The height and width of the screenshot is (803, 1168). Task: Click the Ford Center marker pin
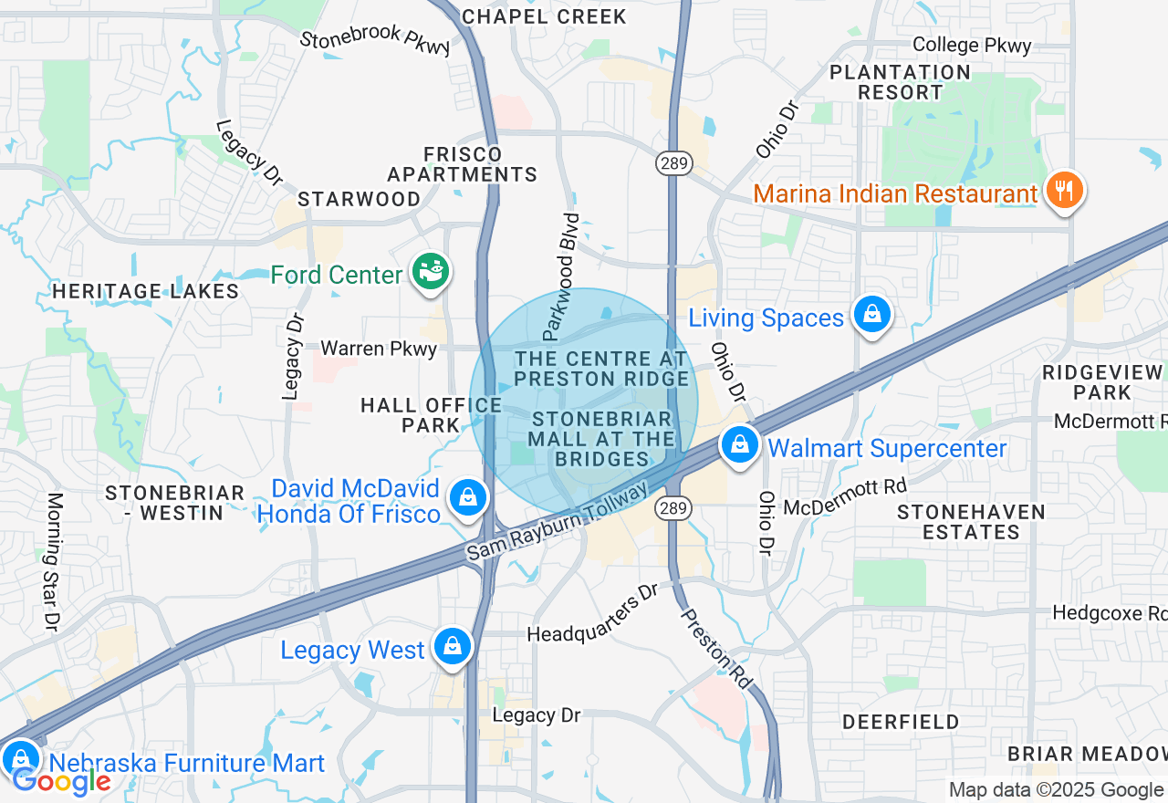pyautogui.click(x=429, y=272)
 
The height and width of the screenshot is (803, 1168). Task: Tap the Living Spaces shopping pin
pyautogui.click(x=872, y=315)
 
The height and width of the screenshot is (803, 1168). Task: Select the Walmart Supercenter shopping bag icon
pyautogui.click(x=740, y=445)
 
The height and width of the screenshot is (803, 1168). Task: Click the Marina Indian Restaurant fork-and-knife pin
pyautogui.click(x=1063, y=191)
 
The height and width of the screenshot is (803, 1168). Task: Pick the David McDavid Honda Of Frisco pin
pyautogui.click(x=467, y=498)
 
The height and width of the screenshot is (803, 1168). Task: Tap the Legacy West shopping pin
pyautogui.click(x=452, y=646)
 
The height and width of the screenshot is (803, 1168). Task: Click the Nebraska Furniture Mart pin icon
pyautogui.click(x=20, y=759)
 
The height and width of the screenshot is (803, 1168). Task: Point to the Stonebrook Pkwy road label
pyautogui.click(x=375, y=40)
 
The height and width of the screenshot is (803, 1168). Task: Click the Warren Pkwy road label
pyautogui.click(x=379, y=349)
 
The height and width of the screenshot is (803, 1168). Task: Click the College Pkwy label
pyautogui.click(x=972, y=45)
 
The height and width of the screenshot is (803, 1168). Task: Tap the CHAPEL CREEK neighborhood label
pyautogui.click(x=545, y=16)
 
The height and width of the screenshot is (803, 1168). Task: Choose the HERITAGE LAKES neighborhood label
pyautogui.click(x=146, y=292)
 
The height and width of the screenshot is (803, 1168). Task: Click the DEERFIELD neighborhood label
pyautogui.click(x=901, y=722)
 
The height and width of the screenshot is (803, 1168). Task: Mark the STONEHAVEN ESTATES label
pyautogui.click(x=971, y=522)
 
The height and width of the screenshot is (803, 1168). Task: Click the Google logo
pyautogui.click(x=61, y=781)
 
